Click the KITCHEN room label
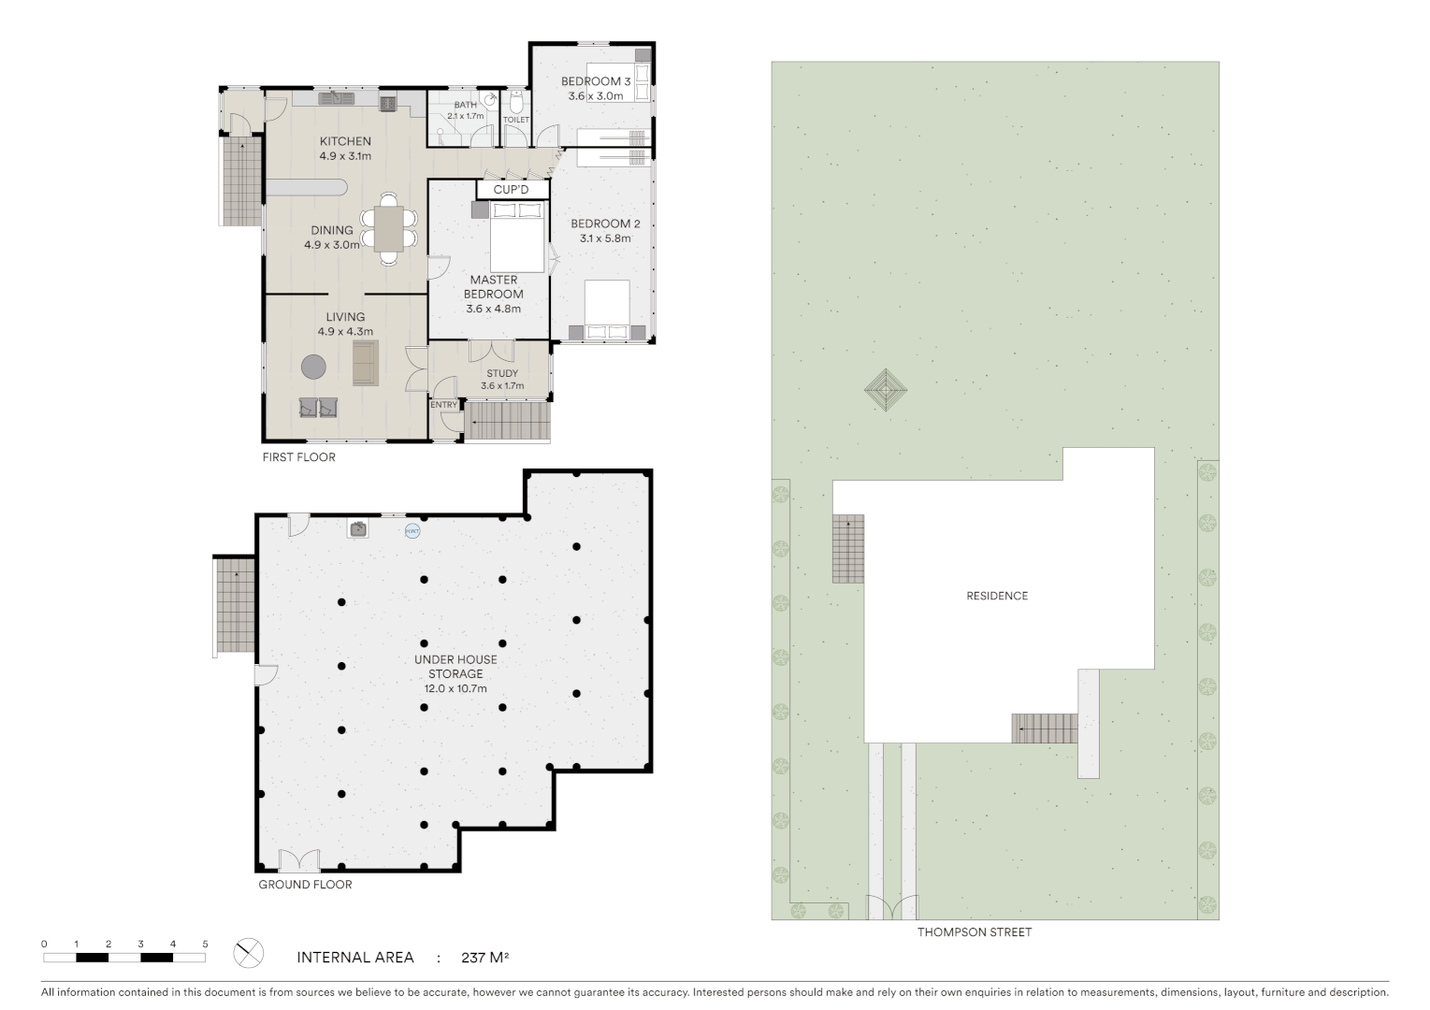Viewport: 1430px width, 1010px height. (345, 141)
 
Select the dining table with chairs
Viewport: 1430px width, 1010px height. (389, 228)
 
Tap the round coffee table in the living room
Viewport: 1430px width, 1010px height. (313, 367)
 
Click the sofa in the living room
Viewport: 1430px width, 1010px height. (365, 363)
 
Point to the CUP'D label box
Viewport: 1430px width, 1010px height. (511, 190)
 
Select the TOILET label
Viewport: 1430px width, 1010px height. (516, 120)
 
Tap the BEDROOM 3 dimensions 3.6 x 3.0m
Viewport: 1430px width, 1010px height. (596, 95)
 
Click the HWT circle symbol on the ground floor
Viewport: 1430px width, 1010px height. (412, 531)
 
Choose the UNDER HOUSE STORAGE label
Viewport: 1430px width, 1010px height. (455, 666)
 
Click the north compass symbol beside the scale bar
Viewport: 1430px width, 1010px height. (249, 954)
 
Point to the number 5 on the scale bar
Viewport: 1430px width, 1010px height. (205, 944)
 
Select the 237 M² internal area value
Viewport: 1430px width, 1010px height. (484, 957)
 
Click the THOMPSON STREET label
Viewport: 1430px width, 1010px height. (975, 931)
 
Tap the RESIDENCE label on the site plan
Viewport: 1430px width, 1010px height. (997, 596)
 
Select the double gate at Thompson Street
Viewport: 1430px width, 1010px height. (891, 908)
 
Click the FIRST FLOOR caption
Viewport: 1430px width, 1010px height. (298, 457)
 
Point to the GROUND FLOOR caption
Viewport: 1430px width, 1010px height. (305, 884)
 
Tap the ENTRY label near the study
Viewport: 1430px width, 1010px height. (443, 405)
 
